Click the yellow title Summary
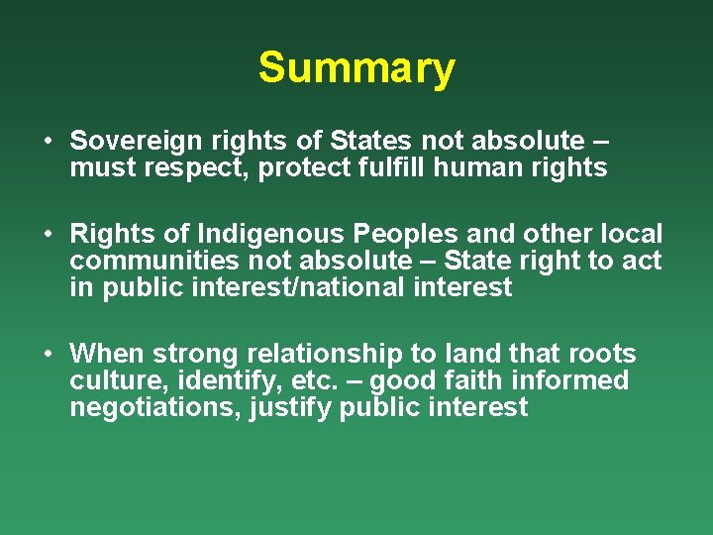[x=356, y=68]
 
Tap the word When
[x=105, y=354]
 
